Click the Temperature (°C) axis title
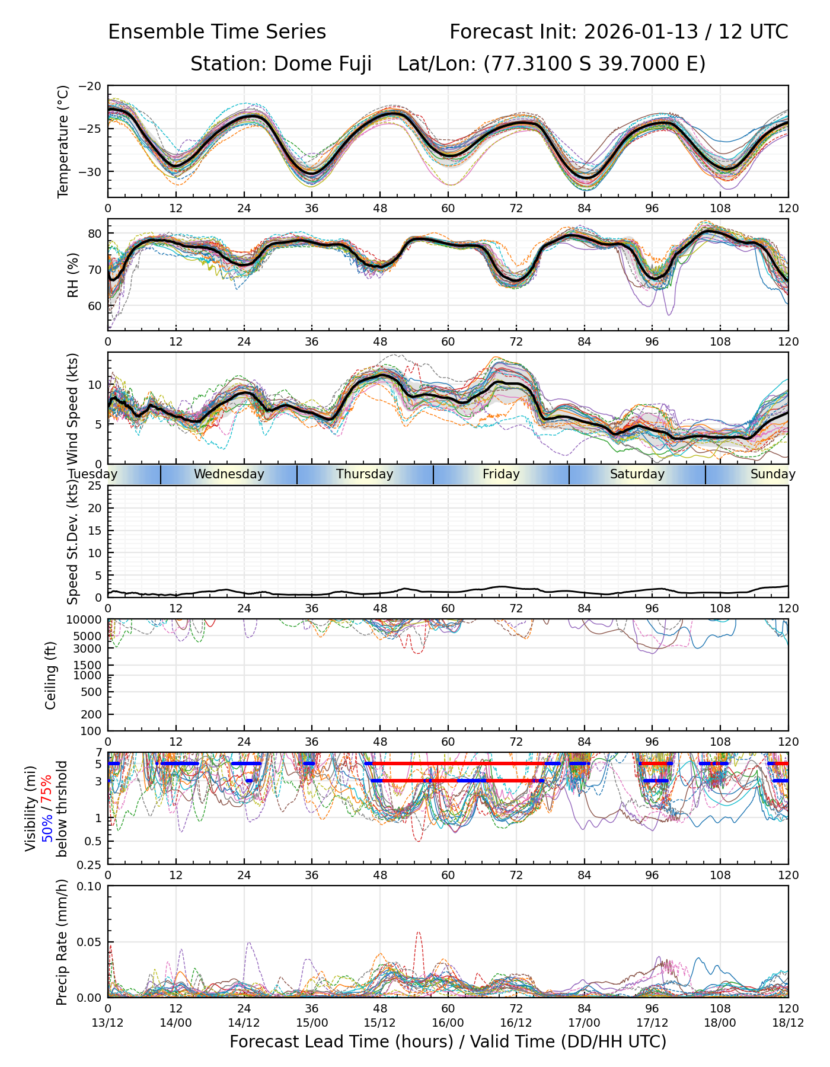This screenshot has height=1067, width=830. click(63, 141)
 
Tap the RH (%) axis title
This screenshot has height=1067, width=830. click(74, 275)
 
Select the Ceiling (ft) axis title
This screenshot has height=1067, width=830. click(51, 675)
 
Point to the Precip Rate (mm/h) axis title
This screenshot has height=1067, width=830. click(62, 942)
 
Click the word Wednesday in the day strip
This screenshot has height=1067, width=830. click(229, 474)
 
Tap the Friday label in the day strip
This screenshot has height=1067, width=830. click(501, 474)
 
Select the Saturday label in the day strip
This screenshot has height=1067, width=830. click(637, 474)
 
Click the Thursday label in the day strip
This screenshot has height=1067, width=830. click(365, 474)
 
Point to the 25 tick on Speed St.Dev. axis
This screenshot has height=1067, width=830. click(95, 486)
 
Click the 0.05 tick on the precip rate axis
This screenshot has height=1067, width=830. click(91, 942)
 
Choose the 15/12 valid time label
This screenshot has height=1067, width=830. click(380, 1023)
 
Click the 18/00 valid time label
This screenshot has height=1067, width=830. click(720, 1023)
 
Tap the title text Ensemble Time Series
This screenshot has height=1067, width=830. click(217, 32)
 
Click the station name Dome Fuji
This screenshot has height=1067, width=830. click(323, 63)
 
